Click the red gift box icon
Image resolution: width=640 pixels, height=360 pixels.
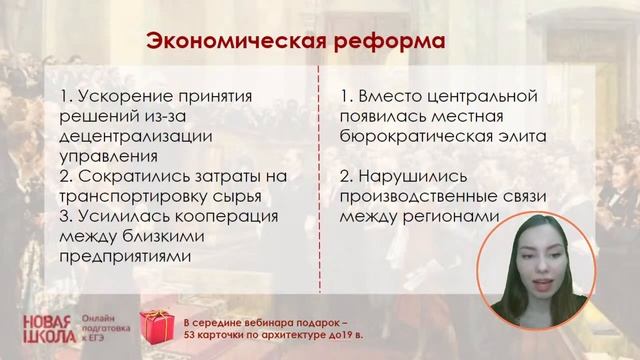click(x=159, y=322)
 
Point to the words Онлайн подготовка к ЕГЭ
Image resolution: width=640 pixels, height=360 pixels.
click(x=105, y=322)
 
